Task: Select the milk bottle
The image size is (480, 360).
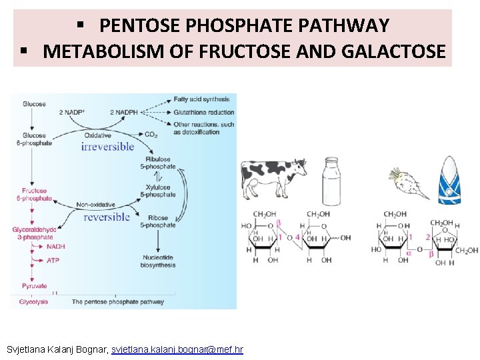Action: tap(333, 179)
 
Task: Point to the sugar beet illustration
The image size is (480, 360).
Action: tap(407, 182)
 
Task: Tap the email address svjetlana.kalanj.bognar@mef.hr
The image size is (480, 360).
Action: tap(177, 349)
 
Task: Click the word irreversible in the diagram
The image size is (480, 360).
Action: tap(107, 147)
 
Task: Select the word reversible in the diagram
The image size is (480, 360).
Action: tap(107, 217)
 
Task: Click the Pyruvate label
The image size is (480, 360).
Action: tap(34, 286)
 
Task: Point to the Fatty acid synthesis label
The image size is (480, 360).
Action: tap(201, 100)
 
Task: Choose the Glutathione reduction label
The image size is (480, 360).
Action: tap(203, 113)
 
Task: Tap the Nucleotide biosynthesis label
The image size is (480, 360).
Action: tap(159, 261)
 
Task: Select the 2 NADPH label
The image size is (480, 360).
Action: tap(124, 112)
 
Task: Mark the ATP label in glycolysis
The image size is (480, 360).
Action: tap(53, 261)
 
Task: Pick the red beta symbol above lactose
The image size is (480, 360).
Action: tap(279, 223)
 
